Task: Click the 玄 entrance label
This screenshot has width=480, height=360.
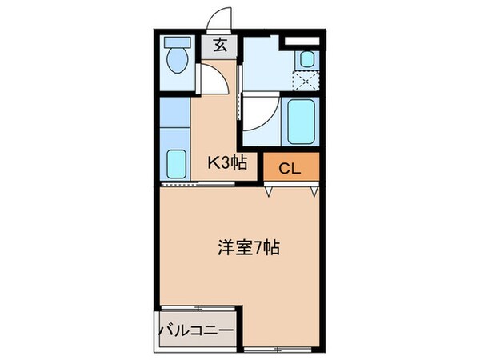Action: point(219,46)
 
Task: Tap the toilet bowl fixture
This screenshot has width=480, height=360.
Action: point(175,58)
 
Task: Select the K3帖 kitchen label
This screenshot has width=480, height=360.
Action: point(227,164)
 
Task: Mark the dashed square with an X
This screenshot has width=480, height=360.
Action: point(306,80)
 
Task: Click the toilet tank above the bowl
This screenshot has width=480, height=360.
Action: point(175,42)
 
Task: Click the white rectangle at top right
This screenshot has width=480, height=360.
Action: point(303,38)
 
